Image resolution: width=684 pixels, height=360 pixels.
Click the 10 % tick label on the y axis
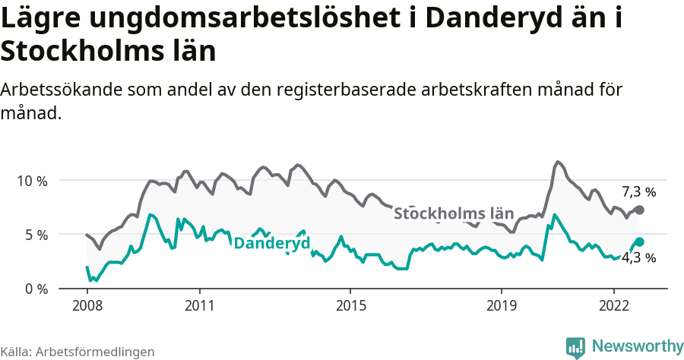(x=31, y=181)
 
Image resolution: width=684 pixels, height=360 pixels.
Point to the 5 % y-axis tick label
(x=35, y=235)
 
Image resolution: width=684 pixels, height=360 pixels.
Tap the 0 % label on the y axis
(x=35, y=289)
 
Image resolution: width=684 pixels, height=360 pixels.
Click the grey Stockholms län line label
(x=454, y=213)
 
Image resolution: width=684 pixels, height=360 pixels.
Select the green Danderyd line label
(x=271, y=244)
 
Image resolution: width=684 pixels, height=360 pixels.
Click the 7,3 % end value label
(x=638, y=192)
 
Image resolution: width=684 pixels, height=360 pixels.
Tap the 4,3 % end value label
(x=638, y=257)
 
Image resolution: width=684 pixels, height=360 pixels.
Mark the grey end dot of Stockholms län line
(x=639, y=210)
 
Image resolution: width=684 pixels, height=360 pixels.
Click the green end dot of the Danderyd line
(x=639, y=242)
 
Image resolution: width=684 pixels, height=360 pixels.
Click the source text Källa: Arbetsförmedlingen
(x=78, y=352)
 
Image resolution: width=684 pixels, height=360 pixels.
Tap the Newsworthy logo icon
(x=575, y=347)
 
